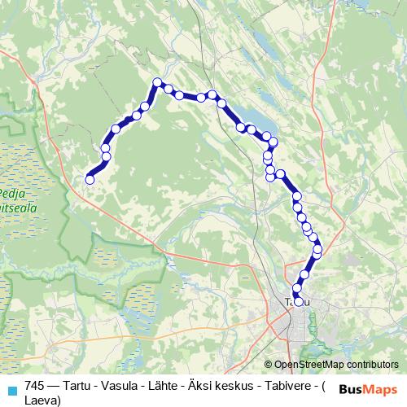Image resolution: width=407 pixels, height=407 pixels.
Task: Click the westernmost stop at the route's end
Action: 90,180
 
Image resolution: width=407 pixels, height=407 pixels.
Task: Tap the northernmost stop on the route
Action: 158,81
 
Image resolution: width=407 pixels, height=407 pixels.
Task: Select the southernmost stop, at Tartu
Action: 298,303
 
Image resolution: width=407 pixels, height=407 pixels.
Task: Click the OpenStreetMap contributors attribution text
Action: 336,365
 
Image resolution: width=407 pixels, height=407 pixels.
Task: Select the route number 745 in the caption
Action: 36,386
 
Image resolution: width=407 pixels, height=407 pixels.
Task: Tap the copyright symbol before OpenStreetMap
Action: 269,365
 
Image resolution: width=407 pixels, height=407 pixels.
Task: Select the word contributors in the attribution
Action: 372,365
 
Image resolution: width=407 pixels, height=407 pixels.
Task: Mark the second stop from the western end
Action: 106,155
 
